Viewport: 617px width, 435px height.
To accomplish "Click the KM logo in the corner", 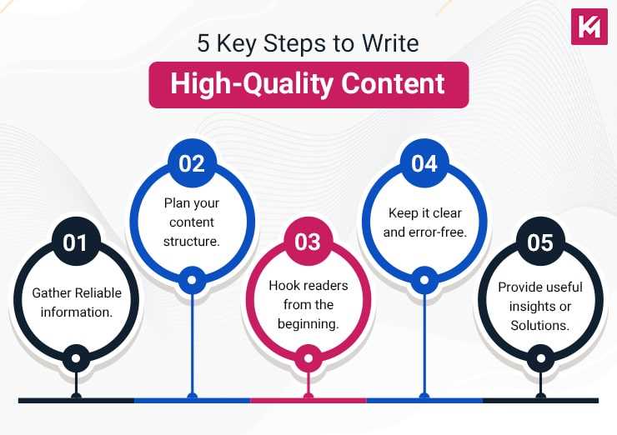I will pos(589,26).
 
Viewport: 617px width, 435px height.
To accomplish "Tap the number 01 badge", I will pos(75,242).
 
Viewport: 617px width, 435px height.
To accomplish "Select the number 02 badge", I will pos(192,163).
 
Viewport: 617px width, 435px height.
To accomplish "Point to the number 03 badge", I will pos(308,242).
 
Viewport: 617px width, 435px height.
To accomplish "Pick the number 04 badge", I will pos(424,163).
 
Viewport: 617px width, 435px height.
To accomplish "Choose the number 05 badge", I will pos(540,242).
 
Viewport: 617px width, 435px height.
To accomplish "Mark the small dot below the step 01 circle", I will pos(76,360).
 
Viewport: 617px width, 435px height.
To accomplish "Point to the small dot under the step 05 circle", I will pos(541,360).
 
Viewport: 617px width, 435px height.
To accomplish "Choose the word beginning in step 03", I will pos(308,324).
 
